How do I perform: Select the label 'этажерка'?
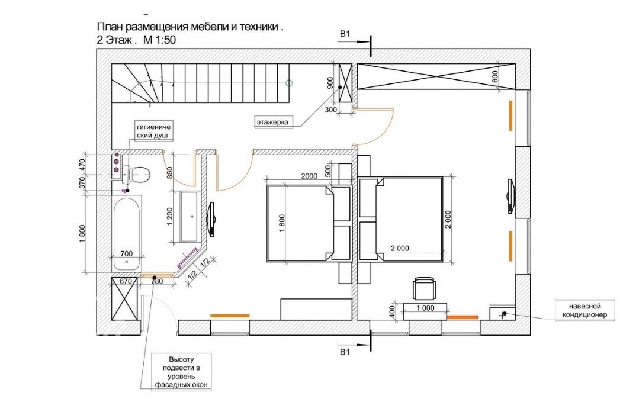click(x=272, y=123)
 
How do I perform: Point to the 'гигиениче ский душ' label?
click(x=153, y=131)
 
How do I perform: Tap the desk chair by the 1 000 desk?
click(x=425, y=288)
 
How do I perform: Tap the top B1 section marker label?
click(x=345, y=35)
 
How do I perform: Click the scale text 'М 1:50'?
click(x=159, y=40)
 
